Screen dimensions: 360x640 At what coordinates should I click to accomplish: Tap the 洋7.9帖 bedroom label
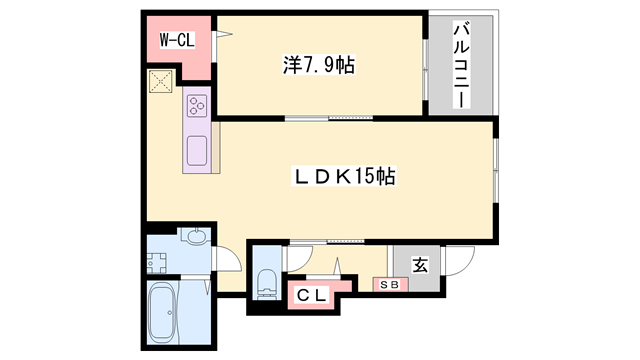click(x=319, y=66)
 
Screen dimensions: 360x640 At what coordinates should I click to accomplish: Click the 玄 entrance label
click(x=420, y=265)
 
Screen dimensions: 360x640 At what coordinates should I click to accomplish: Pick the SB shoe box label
click(x=388, y=285)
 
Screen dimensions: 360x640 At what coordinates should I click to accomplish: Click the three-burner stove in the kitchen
click(x=196, y=103)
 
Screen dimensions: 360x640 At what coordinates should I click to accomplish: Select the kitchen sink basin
click(x=197, y=151)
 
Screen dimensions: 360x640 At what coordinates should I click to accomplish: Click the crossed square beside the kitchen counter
click(x=160, y=82)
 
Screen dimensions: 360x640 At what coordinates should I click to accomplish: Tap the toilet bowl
click(x=267, y=283)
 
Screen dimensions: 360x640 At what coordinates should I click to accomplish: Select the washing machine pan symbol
click(x=158, y=263)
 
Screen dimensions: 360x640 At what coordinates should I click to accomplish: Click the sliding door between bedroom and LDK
click(x=320, y=119)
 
